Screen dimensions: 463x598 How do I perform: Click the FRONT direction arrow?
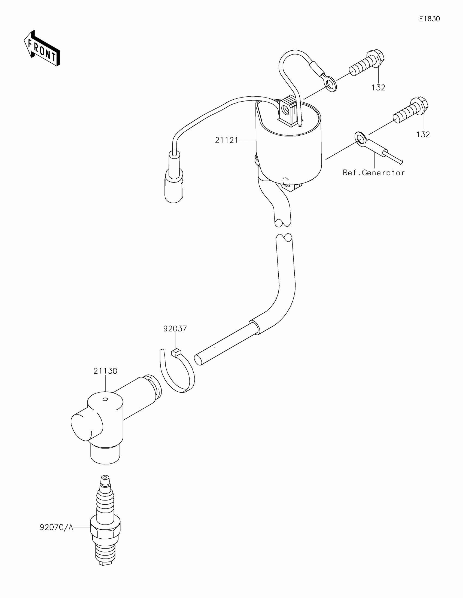pos(42,49)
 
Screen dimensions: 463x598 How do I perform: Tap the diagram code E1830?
pos(429,19)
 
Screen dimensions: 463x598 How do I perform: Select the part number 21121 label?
pos(227,140)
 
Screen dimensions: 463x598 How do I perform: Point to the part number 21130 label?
pos(105,371)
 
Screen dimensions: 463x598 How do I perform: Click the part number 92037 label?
pos(175,329)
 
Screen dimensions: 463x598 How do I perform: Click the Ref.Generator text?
pos(374,173)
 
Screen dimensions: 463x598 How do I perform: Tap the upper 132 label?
pos(378,88)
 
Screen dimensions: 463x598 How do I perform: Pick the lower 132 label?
pos(423,135)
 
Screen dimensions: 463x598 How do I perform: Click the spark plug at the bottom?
pos(105,529)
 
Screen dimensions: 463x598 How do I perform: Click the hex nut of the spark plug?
pos(105,531)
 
